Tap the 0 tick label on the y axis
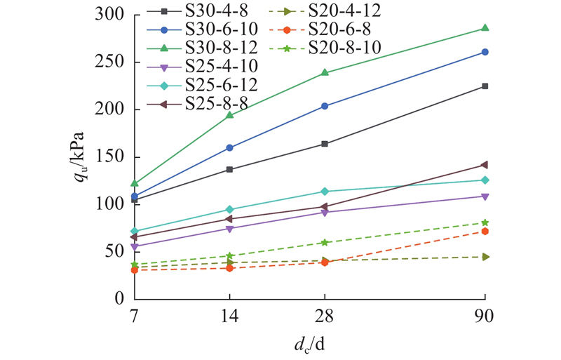pos(119,299)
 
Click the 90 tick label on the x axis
pos(485,316)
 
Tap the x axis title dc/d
pos(309,344)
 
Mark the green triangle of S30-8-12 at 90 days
pos(485,28)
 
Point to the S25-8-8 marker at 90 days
pos(485,165)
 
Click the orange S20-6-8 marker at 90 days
pos(485,231)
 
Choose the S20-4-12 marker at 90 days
pos(485,257)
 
